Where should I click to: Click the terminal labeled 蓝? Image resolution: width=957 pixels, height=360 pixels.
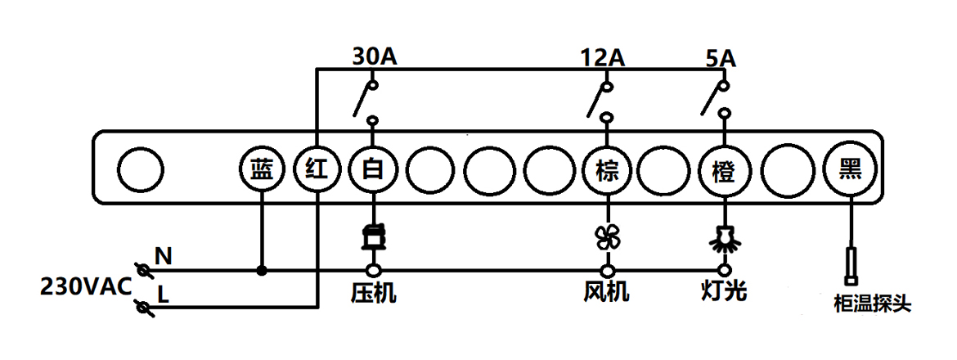click(x=261, y=170)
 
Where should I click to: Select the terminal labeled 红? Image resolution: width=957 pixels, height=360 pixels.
click(x=317, y=170)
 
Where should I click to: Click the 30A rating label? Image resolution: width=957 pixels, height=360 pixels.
click(x=375, y=57)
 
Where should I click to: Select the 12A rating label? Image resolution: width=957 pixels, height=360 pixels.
click(x=603, y=57)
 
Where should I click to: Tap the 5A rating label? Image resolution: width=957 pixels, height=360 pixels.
click(x=720, y=57)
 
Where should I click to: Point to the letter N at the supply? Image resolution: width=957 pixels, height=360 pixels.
click(x=164, y=257)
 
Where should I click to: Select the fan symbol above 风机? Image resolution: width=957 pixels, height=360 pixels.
click(x=607, y=238)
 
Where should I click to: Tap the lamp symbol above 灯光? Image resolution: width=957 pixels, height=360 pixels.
click(x=723, y=238)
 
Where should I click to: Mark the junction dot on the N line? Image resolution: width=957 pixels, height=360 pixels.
click(x=261, y=270)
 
